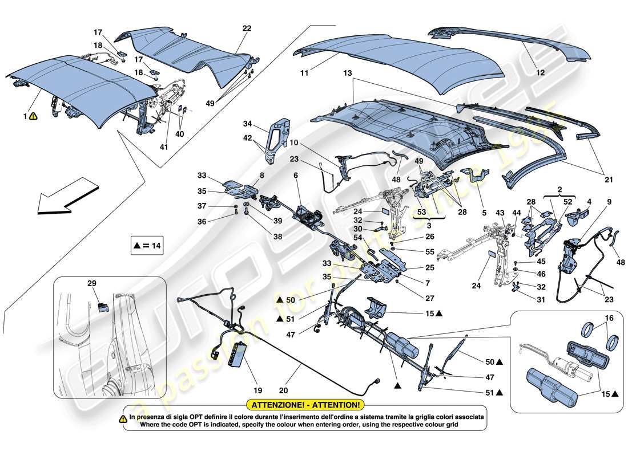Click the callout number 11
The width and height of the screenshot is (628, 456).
tap(305, 74)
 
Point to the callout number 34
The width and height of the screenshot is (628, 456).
tap(247, 124)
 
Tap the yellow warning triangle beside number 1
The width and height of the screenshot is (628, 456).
tap(34, 116)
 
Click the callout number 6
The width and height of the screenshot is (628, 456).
tap(296, 177)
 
